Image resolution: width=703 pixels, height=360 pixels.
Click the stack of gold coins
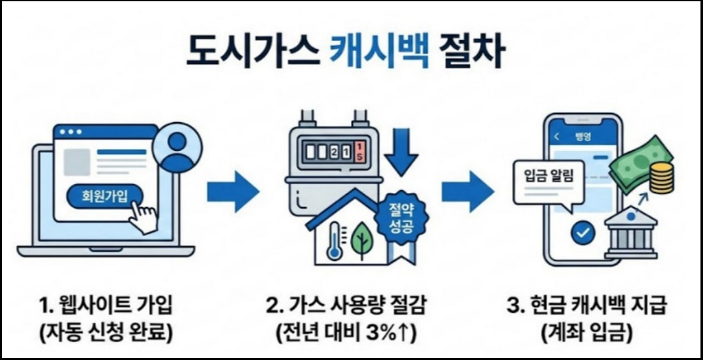click(x=661, y=178)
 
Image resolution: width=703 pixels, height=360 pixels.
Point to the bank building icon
click(x=631, y=233)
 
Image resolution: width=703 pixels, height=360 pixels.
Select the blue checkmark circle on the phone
click(x=582, y=233)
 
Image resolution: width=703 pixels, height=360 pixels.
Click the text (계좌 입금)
click(x=587, y=333)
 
